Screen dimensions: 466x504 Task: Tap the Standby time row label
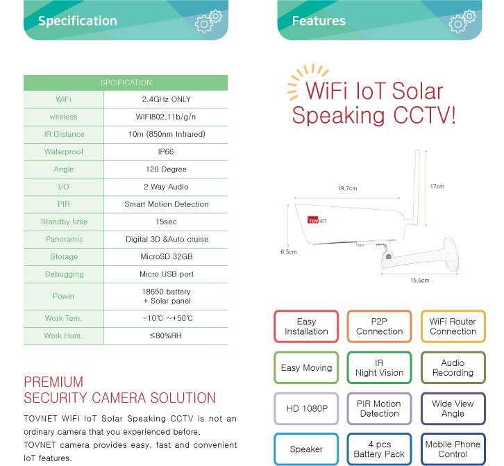click(64, 222)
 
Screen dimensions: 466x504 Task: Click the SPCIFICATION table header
click(125, 83)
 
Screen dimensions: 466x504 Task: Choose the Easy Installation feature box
click(306, 326)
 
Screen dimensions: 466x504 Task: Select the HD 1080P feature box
click(306, 408)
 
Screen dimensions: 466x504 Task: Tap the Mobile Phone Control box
click(453, 449)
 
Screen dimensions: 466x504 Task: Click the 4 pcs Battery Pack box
click(379, 449)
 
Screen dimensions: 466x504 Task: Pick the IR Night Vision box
click(379, 367)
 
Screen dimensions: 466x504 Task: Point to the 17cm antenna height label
click(437, 186)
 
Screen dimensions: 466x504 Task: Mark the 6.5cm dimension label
click(288, 252)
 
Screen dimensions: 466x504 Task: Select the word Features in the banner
click(319, 21)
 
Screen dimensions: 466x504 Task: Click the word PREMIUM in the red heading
click(53, 382)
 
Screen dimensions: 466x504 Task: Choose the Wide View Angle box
click(453, 408)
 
